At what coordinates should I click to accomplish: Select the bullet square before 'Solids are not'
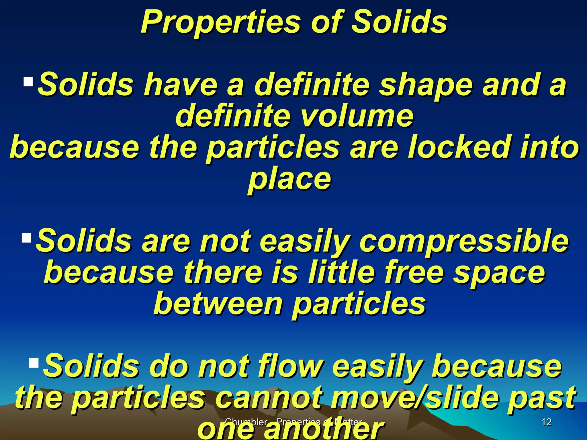click(26, 238)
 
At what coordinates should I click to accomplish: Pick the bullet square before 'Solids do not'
click(34, 363)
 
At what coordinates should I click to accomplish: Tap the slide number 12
click(547, 422)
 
